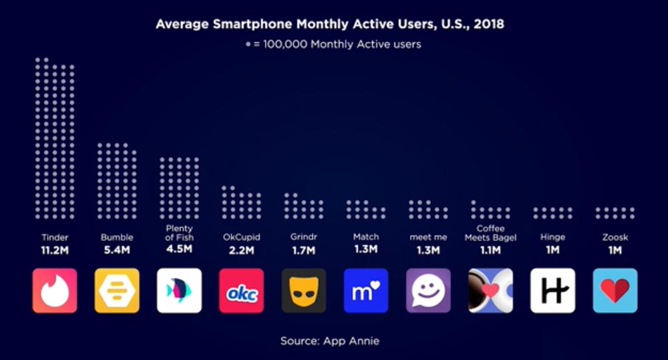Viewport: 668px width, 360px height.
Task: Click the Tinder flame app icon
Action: (55, 291)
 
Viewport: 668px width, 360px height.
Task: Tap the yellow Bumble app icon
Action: (117, 291)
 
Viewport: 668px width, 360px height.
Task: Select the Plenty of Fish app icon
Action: (179, 291)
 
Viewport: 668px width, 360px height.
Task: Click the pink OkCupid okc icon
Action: (241, 291)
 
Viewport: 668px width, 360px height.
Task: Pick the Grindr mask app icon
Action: (303, 291)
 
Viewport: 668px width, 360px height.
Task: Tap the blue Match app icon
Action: (365, 291)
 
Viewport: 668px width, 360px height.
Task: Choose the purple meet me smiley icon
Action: (428, 291)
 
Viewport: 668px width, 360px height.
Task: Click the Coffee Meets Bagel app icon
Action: (490, 291)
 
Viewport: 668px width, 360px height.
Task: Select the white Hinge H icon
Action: (552, 291)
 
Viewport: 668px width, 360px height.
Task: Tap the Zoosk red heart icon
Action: (615, 291)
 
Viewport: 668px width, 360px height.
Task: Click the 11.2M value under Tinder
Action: (55, 250)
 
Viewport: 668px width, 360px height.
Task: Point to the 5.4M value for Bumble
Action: (117, 250)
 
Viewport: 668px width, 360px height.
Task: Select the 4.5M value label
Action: (179, 249)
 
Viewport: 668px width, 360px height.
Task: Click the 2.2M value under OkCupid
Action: (241, 250)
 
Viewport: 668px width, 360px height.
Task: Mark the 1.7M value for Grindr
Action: (303, 250)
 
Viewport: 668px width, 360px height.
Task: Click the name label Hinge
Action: (552, 237)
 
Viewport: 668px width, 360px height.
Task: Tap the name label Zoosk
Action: (615, 237)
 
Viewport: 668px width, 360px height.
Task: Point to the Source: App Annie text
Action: (329, 341)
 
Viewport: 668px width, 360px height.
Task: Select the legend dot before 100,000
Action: (248, 45)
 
